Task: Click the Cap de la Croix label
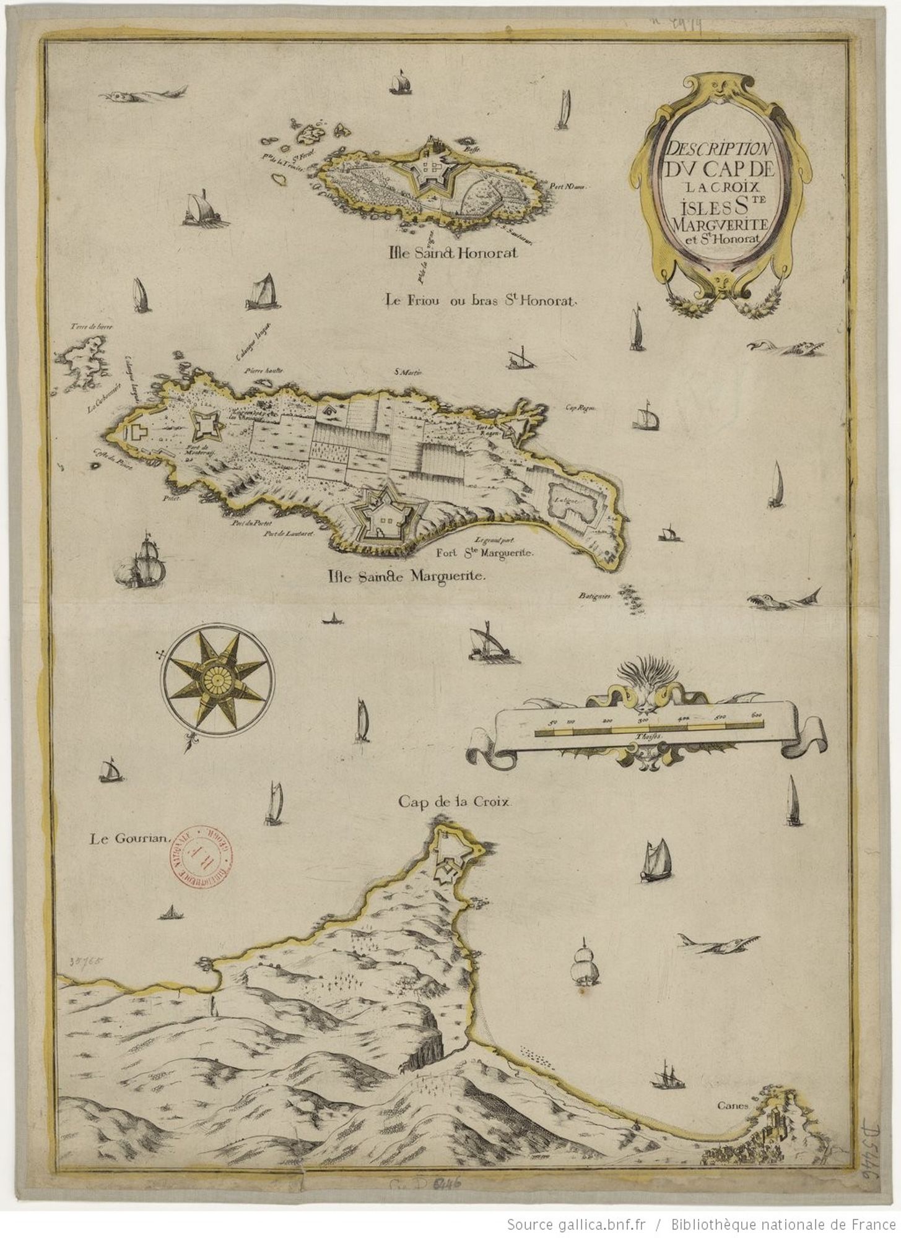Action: tap(456, 801)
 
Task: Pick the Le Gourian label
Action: tap(129, 839)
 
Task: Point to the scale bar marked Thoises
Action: tap(647, 732)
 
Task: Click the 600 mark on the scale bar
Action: tap(755, 716)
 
